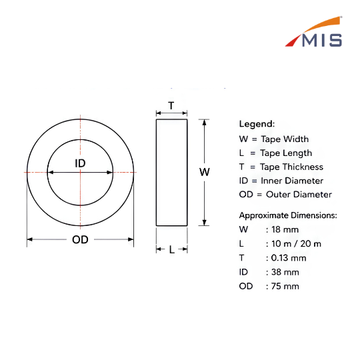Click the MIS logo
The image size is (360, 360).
(x=313, y=32)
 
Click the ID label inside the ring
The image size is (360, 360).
(x=80, y=163)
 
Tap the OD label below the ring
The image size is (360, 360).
(x=80, y=239)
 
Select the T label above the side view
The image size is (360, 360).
(x=171, y=105)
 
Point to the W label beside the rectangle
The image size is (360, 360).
(x=205, y=172)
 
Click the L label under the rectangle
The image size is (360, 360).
(x=172, y=249)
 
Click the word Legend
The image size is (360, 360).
(x=257, y=124)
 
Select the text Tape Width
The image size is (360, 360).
(x=285, y=139)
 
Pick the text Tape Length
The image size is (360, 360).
(x=286, y=153)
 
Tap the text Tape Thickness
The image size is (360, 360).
(x=291, y=167)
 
